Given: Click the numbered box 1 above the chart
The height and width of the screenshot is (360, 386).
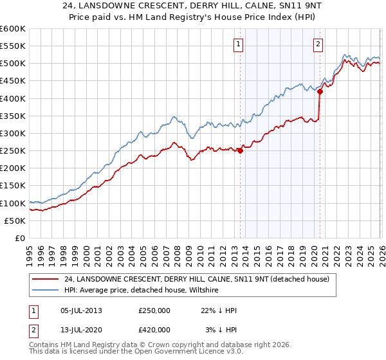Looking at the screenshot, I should click(x=239, y=44).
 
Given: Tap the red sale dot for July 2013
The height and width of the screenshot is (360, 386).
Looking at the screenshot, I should click(x=240, y=151).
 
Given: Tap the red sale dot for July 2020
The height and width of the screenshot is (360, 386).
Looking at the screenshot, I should click(x=320, y=91).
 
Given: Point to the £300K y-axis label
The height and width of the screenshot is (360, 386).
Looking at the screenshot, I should click(x=13, y=133).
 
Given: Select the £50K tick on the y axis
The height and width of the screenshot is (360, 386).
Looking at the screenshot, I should click(x=15, y=221).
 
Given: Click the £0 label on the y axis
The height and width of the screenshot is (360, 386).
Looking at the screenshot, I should click(x=20, y=238).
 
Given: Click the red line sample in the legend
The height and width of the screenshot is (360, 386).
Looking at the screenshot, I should click(x=46, y=279).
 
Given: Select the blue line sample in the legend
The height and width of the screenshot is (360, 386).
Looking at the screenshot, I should click(x=46, y=291).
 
